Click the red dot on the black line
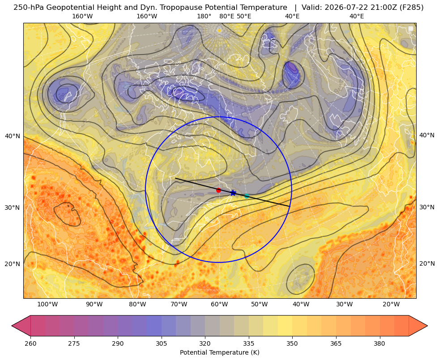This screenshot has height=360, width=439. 219,190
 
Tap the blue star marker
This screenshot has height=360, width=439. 233,193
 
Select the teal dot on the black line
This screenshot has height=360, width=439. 247,196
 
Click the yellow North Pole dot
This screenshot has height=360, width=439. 219,30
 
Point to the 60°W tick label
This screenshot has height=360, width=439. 219,304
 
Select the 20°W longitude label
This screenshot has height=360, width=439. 391,304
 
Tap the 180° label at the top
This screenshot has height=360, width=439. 204,16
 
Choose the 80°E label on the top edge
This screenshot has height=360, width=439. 226,16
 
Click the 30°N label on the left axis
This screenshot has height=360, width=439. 13,208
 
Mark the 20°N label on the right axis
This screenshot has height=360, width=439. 426,263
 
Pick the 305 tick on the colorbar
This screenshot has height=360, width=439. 161,343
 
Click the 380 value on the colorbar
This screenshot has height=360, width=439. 379,343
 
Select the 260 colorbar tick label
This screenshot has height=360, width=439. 30,343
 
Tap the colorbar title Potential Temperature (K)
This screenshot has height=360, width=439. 219,352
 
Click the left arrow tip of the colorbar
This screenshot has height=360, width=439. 12,326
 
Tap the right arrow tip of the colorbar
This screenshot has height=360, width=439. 427,326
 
